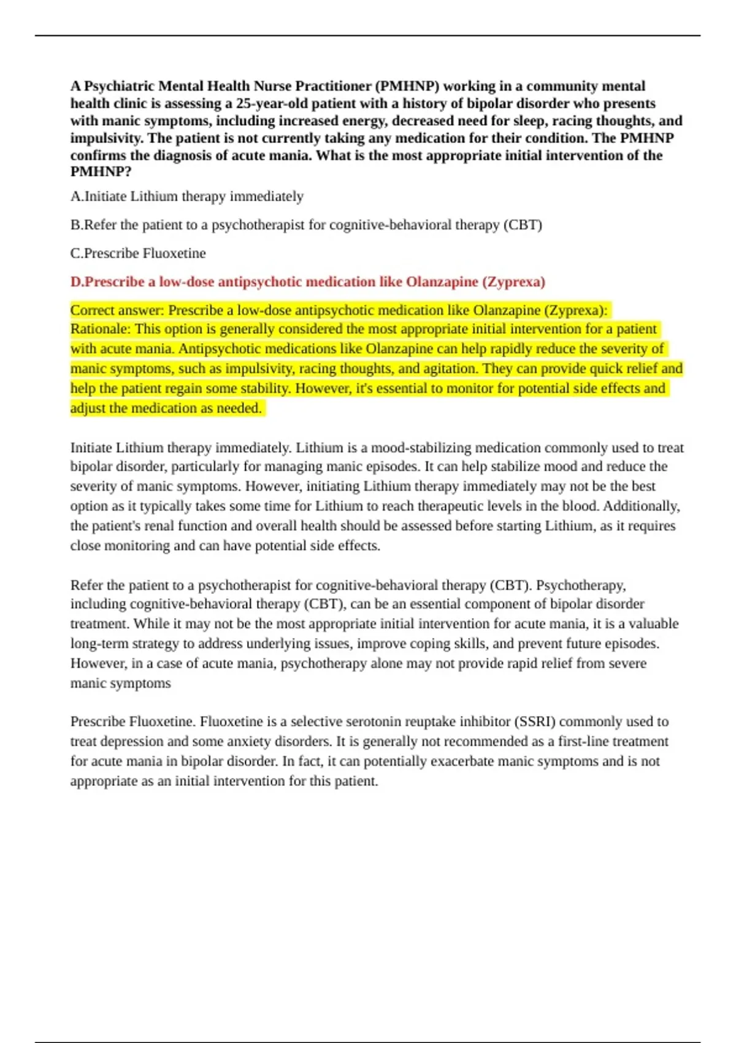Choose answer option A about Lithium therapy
tap(187, 196)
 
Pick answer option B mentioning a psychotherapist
tap(306, 225)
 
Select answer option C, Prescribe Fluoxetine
tap(138, 253)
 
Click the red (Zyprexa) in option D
tap(513, 282)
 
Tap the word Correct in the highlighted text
tap(92, 310)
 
